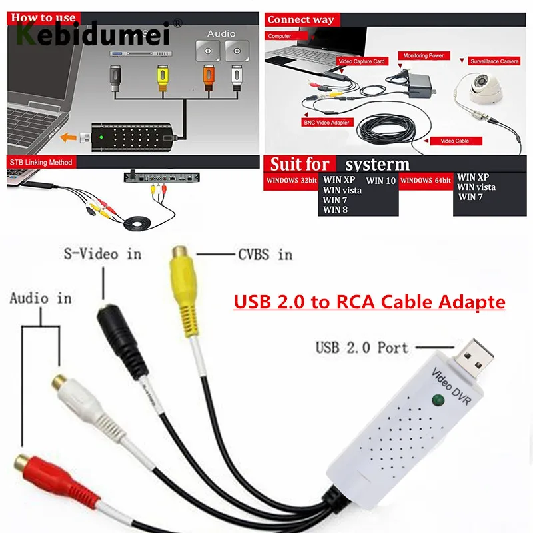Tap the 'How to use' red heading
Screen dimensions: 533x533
(x=43, y=17)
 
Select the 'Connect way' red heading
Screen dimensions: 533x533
(x=300, y=19)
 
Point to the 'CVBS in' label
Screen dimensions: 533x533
(x=265, y=254)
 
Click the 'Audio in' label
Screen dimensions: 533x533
(x=40, y=298)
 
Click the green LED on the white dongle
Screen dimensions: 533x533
(x=438, y=401)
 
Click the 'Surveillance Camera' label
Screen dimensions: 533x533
(x=494, y=61)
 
